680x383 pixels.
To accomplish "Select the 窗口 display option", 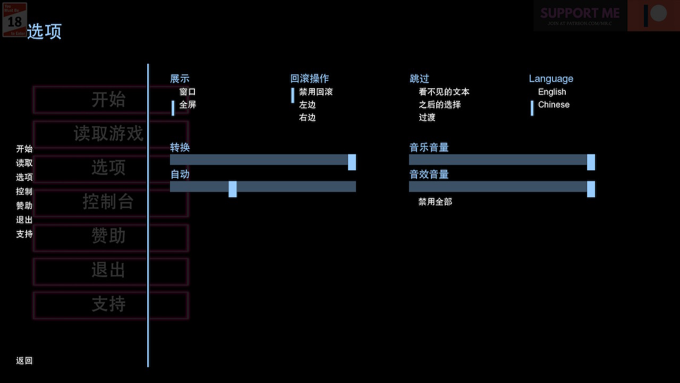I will [x=188, y=92].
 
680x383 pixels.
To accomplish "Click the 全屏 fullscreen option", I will [x=188, y=105].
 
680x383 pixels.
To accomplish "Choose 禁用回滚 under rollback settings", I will [x=316, y=92].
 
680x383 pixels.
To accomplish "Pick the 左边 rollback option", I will [x=307, y=105].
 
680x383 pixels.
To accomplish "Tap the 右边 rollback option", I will [x=307, y=118].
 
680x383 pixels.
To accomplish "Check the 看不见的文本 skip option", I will [x=444, y=92].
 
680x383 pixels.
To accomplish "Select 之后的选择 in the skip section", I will [x=439, y=105].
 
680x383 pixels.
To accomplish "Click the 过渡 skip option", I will [x=427, y=118].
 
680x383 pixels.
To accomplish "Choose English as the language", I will [x=552, y=92].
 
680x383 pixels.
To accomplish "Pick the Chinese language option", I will [x=554, y=105].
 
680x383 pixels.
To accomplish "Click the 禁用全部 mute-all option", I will [x=435, y=202].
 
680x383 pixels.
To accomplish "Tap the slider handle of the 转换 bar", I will [x=352, y=162].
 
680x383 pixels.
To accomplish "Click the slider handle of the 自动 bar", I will [x=233, y=188].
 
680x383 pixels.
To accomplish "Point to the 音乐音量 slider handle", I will [x=591, y=162].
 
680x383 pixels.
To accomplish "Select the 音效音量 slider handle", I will [x=591, y=188].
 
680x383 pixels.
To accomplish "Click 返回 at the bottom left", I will [x=24, y=361].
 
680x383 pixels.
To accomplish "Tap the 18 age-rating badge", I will [x=14, y=20].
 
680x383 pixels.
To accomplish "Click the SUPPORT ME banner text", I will [x=580, y=13].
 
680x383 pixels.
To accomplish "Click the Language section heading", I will [x=551, y=79].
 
